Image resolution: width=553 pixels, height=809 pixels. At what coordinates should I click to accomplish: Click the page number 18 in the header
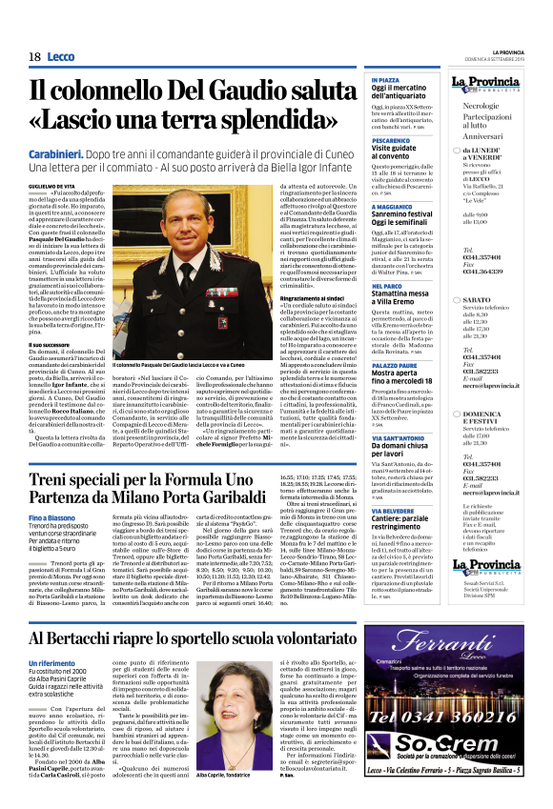pos(33,57)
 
